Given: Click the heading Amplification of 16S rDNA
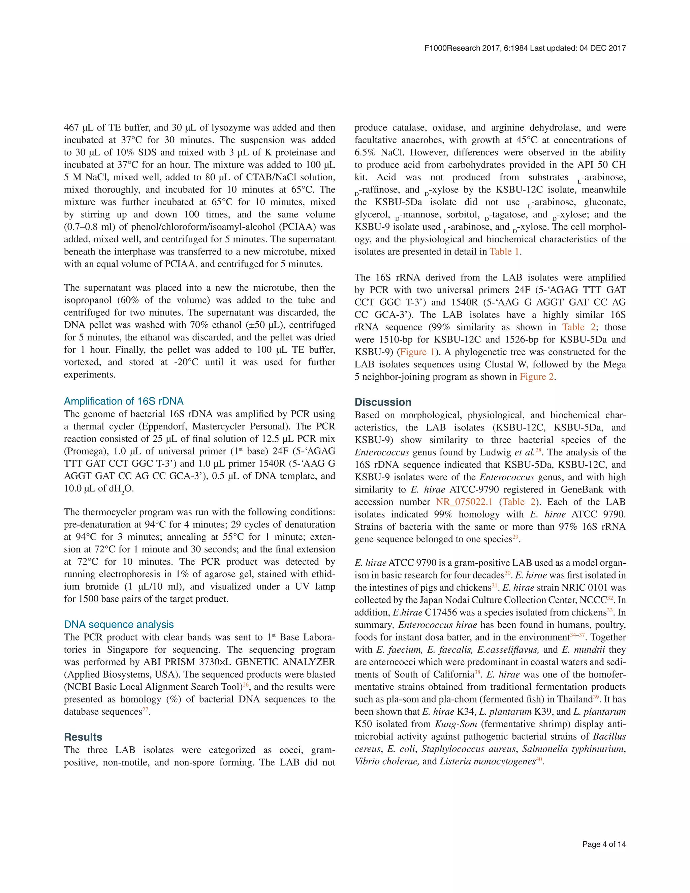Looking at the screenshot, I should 123,401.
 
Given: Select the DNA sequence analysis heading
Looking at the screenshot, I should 119,624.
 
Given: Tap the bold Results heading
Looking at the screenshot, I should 83,737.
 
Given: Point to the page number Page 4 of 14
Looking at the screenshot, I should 604,844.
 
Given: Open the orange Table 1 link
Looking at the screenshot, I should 504,251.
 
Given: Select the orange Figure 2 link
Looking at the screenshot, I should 537,377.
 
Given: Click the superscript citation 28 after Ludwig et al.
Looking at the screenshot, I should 538,450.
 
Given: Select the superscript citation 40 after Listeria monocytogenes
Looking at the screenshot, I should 538,759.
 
